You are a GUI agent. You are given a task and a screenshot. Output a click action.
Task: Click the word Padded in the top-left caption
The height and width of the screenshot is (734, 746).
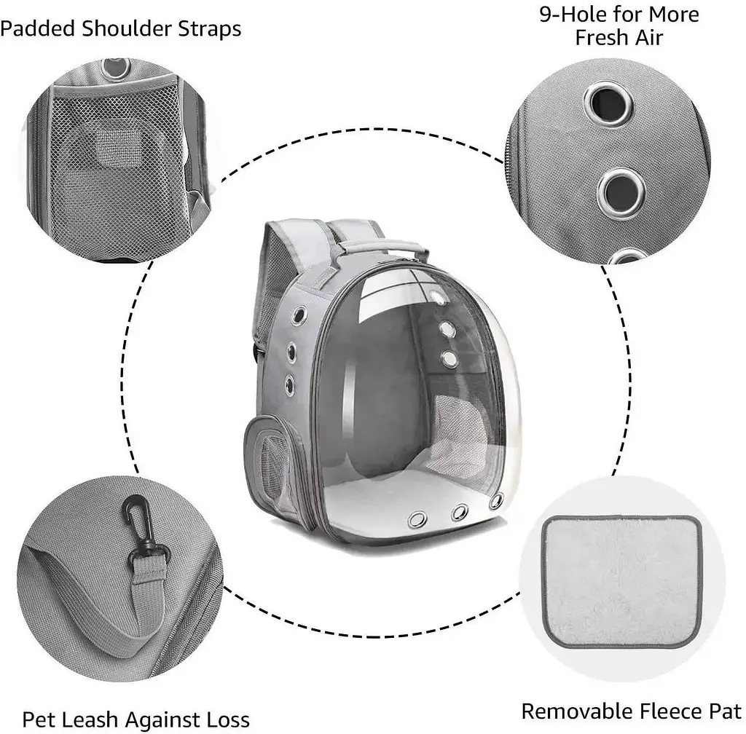tap(38, 29)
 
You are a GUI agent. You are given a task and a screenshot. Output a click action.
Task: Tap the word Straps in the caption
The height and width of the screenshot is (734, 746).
tap(210, 29)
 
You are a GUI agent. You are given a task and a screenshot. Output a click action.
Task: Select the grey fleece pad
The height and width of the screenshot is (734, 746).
tap(623, 581)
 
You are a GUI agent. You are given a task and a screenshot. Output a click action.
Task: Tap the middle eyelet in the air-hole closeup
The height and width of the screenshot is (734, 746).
tap(621, 194)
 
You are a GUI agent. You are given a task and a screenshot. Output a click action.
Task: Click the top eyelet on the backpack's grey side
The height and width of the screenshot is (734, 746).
tap(299, 315)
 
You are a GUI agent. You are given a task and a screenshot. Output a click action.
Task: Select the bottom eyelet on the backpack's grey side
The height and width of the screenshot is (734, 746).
tap(289, 384)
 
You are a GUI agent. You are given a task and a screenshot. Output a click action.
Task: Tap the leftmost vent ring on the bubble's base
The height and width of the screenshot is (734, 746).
tap(417, 519)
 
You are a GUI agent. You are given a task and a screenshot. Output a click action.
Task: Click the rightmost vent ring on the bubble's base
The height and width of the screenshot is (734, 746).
tap(496, 501)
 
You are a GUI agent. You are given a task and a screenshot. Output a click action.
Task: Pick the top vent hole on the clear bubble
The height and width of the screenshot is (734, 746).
tap(437, 298)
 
